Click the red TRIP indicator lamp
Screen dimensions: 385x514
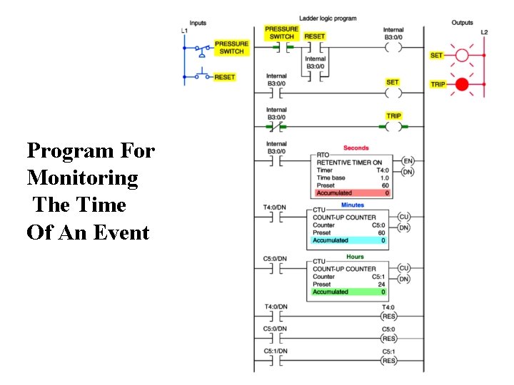coord(462,84)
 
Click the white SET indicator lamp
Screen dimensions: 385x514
coord(462,55)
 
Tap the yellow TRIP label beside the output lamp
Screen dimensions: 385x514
coord(438,84)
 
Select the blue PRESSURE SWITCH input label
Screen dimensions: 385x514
coord(231,48)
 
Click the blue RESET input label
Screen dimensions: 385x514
coord(225,77)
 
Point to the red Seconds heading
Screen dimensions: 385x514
coord(356,148)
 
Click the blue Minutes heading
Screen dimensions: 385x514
coord(352,205)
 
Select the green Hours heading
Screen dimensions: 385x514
coord(355,257)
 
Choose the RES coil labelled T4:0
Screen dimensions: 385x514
coord(388,316)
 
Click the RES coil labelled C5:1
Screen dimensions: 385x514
coord(388,361)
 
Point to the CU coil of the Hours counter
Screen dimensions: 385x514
coord(404,268)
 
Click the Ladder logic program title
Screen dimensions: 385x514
coord(328,18)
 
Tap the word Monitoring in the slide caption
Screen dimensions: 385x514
coord(82,178)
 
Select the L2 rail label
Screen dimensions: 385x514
coord(484,33)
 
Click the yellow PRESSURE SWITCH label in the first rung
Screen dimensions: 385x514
coord(281,33)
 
